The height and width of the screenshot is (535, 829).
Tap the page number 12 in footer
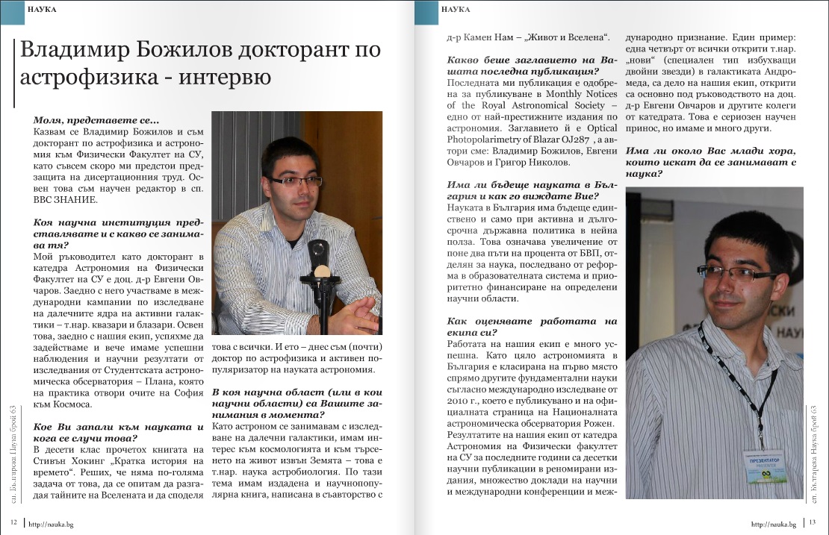coord(13,522)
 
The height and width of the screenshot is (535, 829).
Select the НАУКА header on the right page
coord(456,9)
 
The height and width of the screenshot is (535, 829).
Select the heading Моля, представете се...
coord(96,119)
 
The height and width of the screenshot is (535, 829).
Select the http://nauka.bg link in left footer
coord(52,525)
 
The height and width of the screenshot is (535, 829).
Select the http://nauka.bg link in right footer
coord(774,525)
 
